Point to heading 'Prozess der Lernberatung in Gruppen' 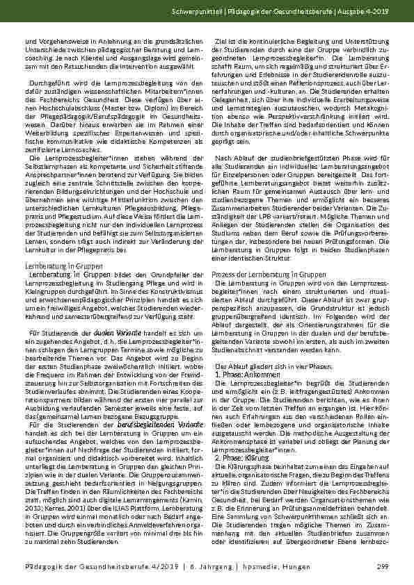[x=258, y=274]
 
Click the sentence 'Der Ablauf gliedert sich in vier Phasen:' [x=257, y=366]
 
